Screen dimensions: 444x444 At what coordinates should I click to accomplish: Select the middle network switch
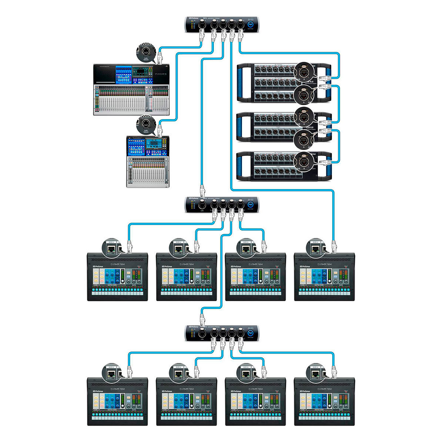point(222,205)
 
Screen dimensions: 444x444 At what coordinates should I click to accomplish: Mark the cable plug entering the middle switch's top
point(202,191)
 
